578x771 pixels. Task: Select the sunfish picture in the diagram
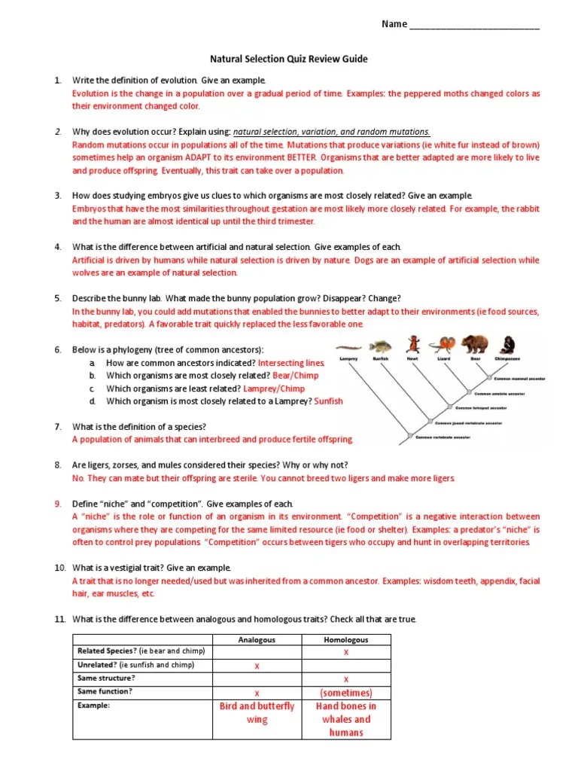[381, 346]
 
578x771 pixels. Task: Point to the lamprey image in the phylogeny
[348, 347]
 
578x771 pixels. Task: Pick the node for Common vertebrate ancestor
[410, 436]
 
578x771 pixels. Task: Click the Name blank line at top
[474, 24]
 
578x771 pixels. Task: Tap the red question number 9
[57, 504]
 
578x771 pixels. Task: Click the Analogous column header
[257, 640]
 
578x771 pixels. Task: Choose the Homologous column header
[345, 640]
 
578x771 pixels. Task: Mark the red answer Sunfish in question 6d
[328, 401]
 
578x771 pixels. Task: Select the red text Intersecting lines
[291, 363]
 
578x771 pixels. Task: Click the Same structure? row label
[106, 678]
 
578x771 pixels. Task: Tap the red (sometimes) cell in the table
[345, 692]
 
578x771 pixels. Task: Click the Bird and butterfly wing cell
[257, 713]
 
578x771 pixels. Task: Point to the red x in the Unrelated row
[257, 666]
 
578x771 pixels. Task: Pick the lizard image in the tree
[443, 345]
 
